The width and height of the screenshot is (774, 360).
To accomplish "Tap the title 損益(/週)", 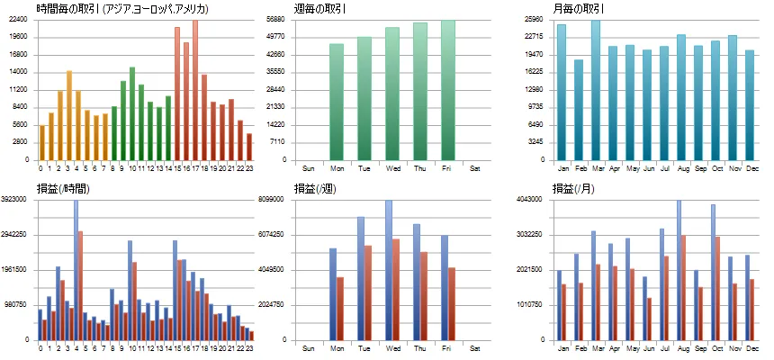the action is click(x=314, y=189).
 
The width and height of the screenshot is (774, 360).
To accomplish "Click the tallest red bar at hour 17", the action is click(x=195, y=90).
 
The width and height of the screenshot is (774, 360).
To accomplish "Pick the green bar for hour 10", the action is click(x=132, y=113).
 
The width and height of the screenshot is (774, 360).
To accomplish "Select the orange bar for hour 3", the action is click(x=69, y=115).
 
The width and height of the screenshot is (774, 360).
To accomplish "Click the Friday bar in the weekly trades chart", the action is click(x=448, y=90).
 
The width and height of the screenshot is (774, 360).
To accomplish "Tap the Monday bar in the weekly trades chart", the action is click(x=337, y=103).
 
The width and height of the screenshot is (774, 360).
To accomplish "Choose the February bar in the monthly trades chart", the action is click(x=579, y=110).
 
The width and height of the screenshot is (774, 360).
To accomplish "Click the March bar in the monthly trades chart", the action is click(x=596, y=90).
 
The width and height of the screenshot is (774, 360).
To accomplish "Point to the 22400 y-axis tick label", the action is click(x=19, y=19).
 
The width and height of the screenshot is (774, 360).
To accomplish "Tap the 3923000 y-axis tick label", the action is click(x=16, y=199).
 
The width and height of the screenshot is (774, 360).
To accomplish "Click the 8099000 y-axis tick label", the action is click(x=272, y=199).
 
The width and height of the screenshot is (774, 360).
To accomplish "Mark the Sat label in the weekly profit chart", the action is click(x=475, y=348).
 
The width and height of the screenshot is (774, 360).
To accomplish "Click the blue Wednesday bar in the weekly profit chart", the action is click(x=389, y=270).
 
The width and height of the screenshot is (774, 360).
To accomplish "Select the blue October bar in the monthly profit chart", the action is click(x=713, y=272).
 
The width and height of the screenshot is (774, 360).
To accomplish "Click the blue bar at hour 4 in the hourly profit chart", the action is click(x=76, y=270).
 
